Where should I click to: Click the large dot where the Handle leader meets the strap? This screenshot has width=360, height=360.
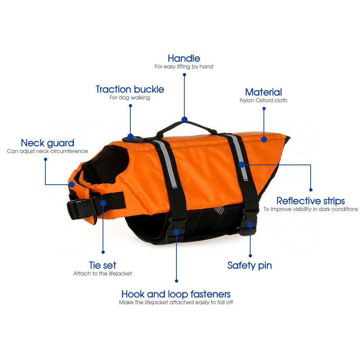(x=184, y=120)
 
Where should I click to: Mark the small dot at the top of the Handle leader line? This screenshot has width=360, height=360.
(x=184, y=75)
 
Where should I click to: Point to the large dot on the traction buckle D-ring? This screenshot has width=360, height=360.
(x=130, y=136)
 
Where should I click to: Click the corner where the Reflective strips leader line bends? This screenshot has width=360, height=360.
(x=311, y=165)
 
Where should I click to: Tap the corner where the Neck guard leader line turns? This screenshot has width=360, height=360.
(x=45, y=184)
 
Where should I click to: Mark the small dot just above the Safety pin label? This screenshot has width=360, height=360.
(x=250, y=256)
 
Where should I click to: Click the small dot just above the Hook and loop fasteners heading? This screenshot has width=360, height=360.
(x=176, y=281)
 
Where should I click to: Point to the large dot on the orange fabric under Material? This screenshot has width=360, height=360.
(x=264, y=139)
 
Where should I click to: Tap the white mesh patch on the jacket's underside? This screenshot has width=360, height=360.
(x=219, y=210)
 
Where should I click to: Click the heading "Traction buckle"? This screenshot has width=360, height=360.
(x=130, y=89)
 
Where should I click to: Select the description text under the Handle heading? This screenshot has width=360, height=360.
(x=184, y=67)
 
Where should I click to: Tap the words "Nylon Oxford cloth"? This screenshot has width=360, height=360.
(x=264, y=100)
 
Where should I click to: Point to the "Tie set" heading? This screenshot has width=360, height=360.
(x=103, y=265)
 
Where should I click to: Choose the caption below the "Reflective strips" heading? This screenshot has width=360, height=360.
(x=310, y=209)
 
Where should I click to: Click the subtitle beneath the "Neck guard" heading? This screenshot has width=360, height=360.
(x=47, y=151)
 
